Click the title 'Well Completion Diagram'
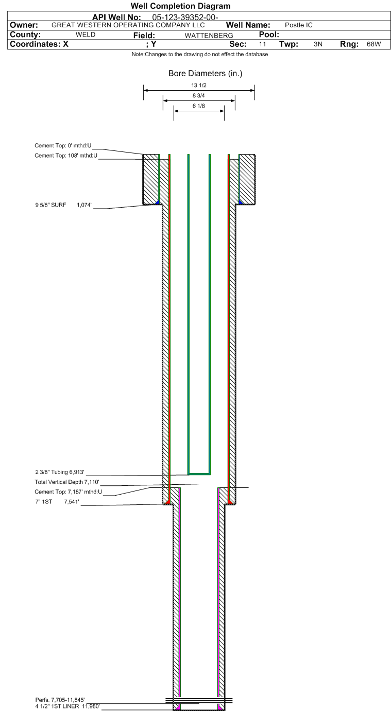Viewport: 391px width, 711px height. (181, 6)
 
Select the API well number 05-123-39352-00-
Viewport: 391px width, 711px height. (185, 17)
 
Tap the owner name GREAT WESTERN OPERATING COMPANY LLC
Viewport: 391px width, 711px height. (128, 25)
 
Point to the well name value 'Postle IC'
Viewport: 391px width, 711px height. (299, 25)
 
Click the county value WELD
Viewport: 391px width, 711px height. (86, 35)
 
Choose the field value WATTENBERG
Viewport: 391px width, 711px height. (209, 36)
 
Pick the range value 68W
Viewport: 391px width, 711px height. (373, 44)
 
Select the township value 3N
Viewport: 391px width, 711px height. (318, 44)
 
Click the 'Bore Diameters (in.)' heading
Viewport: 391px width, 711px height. (206, 73)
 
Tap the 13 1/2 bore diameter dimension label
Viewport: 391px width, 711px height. (199, 85)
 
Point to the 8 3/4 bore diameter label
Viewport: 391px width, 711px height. (199, 95)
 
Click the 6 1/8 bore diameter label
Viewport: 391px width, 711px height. (199, 106)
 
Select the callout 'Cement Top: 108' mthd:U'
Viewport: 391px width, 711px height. (66, 156)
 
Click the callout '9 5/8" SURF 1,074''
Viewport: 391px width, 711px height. (63, 205)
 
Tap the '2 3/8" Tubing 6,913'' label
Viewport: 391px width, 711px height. (60, 472)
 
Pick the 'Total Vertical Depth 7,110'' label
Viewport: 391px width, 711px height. (67, 482)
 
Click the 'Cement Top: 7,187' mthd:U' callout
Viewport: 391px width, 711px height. (68, 492)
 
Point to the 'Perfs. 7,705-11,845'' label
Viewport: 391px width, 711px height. (60, 700)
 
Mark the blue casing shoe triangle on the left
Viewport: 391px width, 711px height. (158, 202)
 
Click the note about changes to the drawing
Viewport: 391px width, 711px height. (200, 54)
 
